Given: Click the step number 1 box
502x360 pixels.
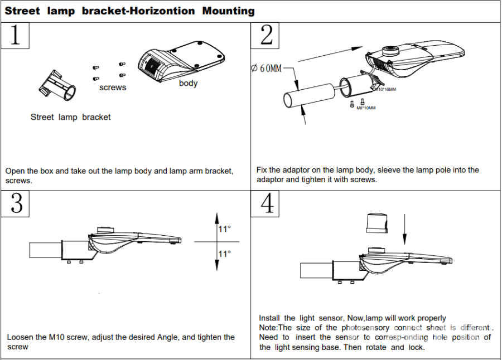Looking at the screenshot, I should coord(15,36).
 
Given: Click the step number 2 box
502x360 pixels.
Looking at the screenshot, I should coord(267,36).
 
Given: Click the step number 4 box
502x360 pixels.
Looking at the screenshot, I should coord(267,204).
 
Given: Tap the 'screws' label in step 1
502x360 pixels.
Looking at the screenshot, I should coord(113,87).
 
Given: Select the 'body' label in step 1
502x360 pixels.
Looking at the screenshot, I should coord(189,84).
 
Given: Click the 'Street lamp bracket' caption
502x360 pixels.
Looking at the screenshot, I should coord(70,117).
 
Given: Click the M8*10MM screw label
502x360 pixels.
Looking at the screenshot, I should coord(366,108).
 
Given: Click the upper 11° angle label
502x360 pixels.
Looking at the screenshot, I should coord(225,229).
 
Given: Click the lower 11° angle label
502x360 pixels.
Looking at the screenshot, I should coord(225,254).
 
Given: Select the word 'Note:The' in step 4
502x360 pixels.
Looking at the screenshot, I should coord(277,328).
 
